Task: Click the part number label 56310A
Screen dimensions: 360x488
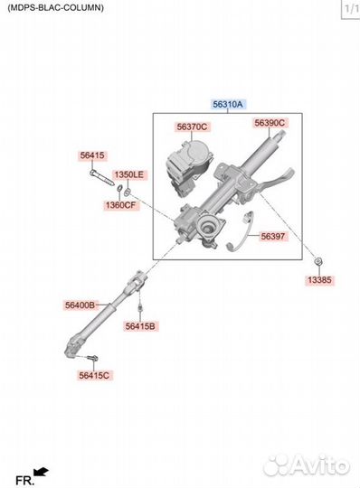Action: [228, 104]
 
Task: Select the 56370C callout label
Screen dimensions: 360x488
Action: [192, 127]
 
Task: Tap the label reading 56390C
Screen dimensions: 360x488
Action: [270, 123]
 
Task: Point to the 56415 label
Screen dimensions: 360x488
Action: [92, 155]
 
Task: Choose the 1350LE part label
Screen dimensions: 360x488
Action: [129, 174]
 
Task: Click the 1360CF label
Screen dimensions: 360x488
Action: [121, 205]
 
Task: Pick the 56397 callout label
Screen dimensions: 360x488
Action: [273, 237]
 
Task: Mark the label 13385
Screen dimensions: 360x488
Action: [320, 280]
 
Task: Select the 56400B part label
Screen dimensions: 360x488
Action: [81, 305]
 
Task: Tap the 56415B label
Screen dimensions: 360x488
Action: [140, 326]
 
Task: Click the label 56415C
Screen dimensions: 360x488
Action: [94, 375]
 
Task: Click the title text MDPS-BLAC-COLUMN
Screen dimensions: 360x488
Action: [56, 8]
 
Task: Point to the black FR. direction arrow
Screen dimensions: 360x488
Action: [41, 472]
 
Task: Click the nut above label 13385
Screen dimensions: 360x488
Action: [318, 261]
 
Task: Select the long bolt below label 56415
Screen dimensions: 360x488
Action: [101, 177]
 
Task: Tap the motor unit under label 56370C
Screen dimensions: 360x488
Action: [189, 166]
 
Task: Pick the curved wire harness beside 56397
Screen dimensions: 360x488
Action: [242, 231]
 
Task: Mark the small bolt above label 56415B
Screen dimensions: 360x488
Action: [140, 308]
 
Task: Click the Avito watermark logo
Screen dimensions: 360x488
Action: [306, 465]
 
